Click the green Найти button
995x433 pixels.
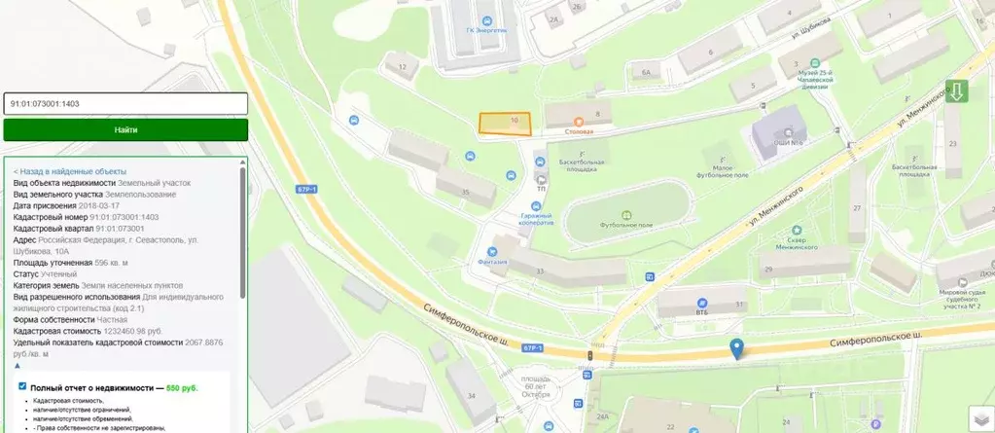point(125,129)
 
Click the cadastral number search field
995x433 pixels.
point(125,103)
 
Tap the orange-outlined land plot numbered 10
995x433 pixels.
point(506,123)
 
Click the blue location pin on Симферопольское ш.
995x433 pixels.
point(737,348)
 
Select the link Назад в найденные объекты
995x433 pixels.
point(55,171)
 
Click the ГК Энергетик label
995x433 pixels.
point(486,30)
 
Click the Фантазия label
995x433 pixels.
point(493,261)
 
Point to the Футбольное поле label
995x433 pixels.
point(624,226)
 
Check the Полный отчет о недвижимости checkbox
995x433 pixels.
point(21,386)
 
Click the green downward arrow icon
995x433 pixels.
point(957,91)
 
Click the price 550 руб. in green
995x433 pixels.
point(182,387)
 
